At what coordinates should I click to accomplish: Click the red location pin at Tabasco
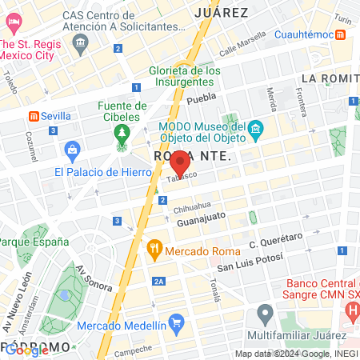[180, 163]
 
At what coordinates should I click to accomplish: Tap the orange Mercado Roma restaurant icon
[154, 250]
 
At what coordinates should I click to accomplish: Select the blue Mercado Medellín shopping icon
[177, 323]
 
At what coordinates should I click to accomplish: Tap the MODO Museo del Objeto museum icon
[255, 128]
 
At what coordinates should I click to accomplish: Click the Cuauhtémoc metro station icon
[340, 34]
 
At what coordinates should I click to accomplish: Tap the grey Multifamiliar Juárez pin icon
[265, 313]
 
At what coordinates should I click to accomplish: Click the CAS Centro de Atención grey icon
[80, 44]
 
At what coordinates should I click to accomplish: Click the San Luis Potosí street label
[248, 265]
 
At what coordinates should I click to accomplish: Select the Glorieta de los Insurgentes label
[185, 75]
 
